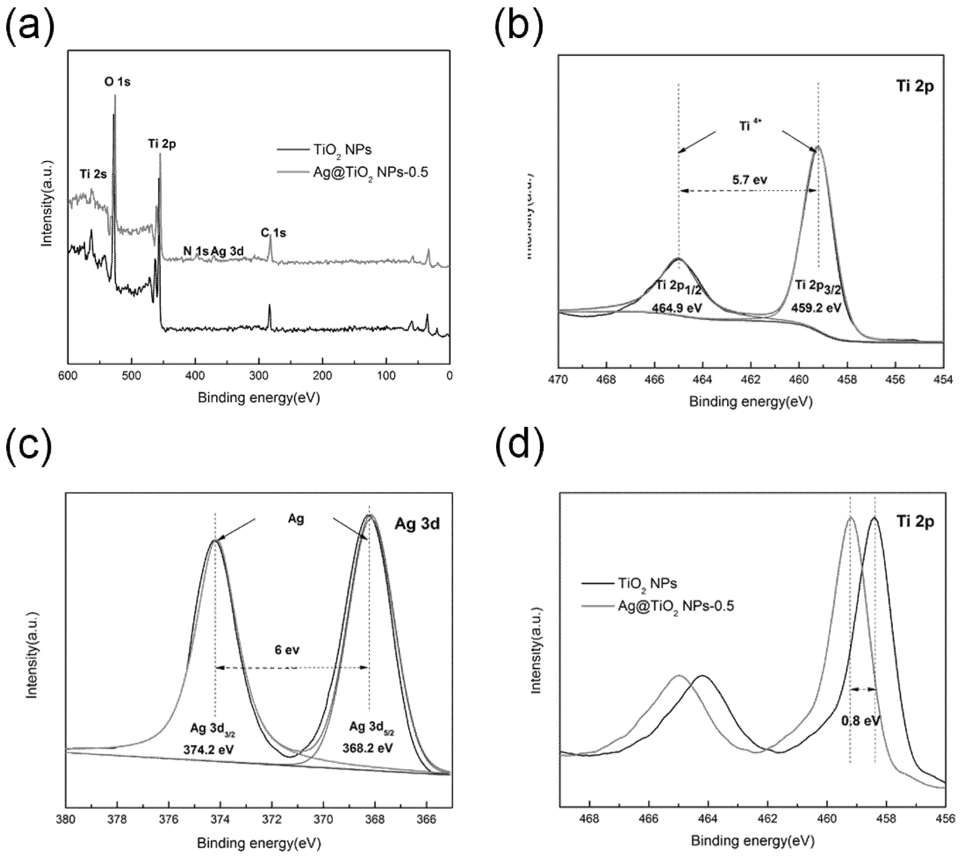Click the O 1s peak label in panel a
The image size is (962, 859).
point(117,82)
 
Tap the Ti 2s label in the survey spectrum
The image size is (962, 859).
point(93,174)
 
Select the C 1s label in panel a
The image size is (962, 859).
point(273,233)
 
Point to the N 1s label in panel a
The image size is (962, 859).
point(195,251)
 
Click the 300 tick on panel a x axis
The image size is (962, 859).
point(259,376)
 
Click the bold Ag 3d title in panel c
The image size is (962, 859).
point(417,524)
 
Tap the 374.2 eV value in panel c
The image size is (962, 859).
point(208,749)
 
